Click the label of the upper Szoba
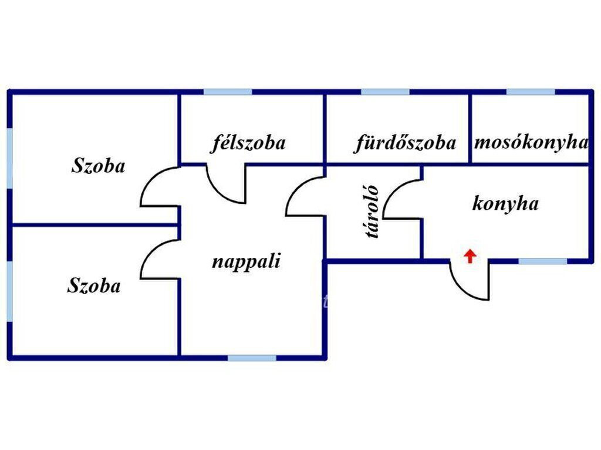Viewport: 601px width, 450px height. coord(98,166)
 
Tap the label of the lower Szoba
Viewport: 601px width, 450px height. coord(94,287)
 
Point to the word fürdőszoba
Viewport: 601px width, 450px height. coord(404,143)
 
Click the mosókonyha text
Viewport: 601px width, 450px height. coord(531,142)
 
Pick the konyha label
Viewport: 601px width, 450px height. coord(505,204)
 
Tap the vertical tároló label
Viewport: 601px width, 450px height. coord(372,212)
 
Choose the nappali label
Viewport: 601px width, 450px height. coord(246,261)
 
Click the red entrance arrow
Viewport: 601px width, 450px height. coord(470,256)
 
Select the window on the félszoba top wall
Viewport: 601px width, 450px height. coord(228,92)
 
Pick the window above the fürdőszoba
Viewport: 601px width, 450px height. coord(385,92)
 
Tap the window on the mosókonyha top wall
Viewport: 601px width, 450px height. coord(531,92)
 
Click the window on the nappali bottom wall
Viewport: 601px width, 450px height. coord(252,357)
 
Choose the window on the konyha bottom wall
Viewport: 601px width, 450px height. coord(543,261)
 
